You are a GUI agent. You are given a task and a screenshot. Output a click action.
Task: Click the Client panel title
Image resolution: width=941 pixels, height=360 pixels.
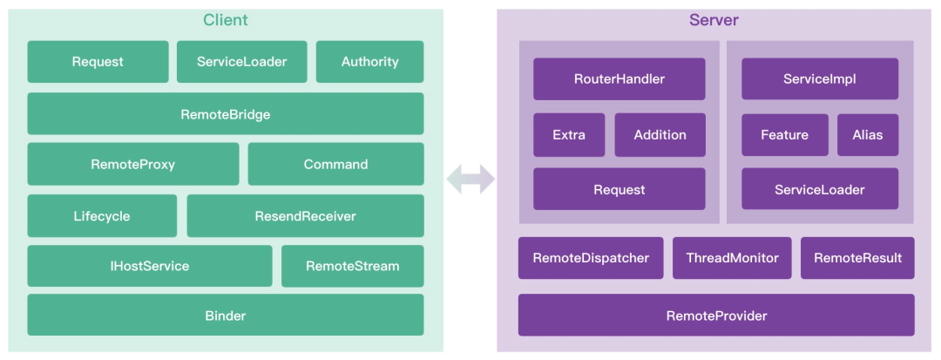click(x=225, y=20)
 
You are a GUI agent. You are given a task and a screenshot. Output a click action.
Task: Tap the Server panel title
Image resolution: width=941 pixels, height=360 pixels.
click(x=714, y=20)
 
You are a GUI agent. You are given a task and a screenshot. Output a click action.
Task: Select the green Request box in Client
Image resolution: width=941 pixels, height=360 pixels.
click(x=98, y=62)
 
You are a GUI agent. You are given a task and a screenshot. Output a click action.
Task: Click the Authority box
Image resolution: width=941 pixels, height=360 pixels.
click(x=369, y=62)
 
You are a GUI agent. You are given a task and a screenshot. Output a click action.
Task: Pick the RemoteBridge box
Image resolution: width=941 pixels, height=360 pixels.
click(x=226, y=113)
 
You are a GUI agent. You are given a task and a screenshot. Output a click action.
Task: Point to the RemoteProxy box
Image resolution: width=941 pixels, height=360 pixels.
click(x=133, y=164)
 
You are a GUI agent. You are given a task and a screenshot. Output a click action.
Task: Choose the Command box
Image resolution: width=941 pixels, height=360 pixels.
click(x=336, y=164)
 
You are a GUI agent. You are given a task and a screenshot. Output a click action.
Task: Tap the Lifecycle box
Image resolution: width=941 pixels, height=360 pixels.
click(x=102, y=215)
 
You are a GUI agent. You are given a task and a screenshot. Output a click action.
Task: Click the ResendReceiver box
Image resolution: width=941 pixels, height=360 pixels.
click(x=306, y=215)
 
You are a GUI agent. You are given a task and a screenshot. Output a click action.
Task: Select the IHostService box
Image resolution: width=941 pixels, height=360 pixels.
click(x=150, y=266)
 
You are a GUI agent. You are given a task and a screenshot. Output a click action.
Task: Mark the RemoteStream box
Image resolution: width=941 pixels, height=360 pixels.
click(x=353, y=266)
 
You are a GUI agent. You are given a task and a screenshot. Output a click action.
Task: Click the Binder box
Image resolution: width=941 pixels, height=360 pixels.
click(x=226, y=315)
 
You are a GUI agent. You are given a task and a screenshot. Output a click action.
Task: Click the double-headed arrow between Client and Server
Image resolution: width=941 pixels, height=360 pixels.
click(x=470, y=180)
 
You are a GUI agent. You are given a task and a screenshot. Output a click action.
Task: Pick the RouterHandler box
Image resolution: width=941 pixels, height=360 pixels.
click(x=619, y=78)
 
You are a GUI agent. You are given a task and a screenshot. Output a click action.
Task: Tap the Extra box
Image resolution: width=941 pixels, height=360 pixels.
click(x=569, y=135)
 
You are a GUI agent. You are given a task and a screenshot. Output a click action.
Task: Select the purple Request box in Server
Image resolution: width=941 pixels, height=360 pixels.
click(x=619, y=189)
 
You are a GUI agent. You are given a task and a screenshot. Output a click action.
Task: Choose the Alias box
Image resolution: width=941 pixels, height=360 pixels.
click(x=868, y=135)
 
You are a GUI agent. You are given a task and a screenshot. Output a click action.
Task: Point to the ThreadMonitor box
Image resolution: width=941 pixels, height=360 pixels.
click(x=732, y=258)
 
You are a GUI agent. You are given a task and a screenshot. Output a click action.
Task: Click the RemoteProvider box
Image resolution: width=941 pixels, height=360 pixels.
click(x=716, y=315)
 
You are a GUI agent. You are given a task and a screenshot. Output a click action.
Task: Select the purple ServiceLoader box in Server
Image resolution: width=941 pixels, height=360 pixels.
click(x=820, y=189)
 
